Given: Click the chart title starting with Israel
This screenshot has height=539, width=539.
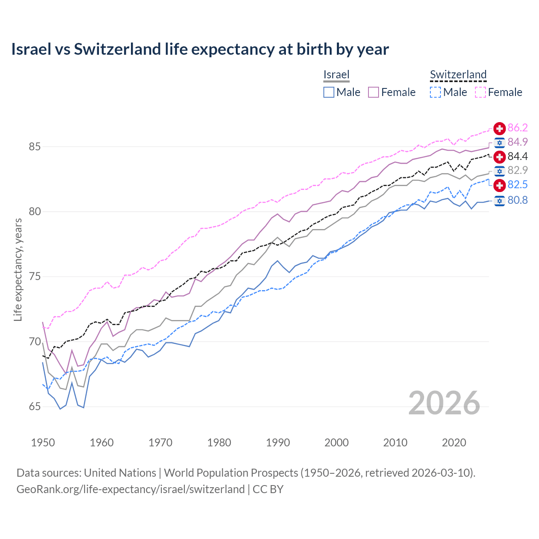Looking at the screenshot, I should [200, 49].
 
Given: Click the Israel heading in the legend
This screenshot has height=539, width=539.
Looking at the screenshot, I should [336, 75].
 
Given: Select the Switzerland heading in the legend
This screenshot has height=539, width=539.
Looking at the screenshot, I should [458, 75].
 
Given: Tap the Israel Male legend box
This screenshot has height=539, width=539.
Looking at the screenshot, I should [329, 92].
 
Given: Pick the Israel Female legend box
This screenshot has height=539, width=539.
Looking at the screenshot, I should [374, 92].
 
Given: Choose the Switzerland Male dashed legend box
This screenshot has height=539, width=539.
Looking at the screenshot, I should [435, 92].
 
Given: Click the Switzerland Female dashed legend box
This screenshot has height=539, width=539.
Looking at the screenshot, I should [480, 92].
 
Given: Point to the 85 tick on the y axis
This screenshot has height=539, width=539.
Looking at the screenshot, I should [35, 147].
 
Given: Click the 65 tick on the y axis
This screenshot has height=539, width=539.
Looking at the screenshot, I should [35, 406].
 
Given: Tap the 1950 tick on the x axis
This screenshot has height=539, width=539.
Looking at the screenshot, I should [43, 443].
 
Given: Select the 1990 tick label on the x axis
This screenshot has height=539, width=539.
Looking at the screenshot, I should [278, 443].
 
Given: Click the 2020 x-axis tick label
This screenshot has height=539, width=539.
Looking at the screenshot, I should [454, 443].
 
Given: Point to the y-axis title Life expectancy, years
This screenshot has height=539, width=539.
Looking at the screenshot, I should [18, 269].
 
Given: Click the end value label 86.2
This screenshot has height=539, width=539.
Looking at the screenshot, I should [518, 128].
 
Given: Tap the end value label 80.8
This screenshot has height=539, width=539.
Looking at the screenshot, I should [518, 200].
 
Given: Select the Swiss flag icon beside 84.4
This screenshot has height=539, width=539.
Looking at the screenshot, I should [499, 157].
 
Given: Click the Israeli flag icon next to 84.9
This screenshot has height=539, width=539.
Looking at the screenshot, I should [499, 142].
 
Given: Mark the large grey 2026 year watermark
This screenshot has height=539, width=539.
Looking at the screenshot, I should [444, 403].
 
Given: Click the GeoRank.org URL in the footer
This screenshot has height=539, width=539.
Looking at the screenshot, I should [131, 489].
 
